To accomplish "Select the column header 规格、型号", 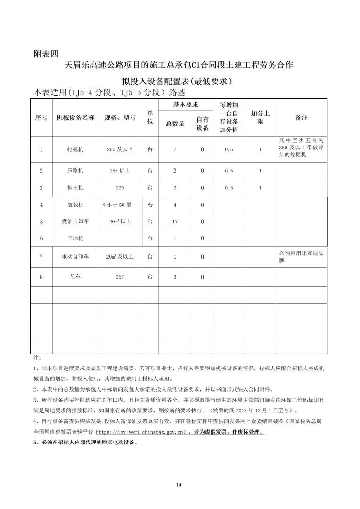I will [120, 118].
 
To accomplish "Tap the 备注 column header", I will [301, 118].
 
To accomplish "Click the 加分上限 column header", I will [260, 118].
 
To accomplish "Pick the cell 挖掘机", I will [75, 149].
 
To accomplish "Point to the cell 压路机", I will [75, 171].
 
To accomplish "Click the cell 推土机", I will [75, 188].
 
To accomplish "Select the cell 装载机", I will [75, 205].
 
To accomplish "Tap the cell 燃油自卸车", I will [75, 222].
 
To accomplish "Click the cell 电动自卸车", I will [75, 257].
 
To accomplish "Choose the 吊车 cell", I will [75, 277].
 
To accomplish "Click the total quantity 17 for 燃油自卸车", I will [175, 222].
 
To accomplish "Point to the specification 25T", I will [120, 277].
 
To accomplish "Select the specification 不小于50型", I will [115, 205].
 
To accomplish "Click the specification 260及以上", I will [120, 149].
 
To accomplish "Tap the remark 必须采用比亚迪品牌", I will [301, 256].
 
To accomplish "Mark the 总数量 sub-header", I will [175, 124].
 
